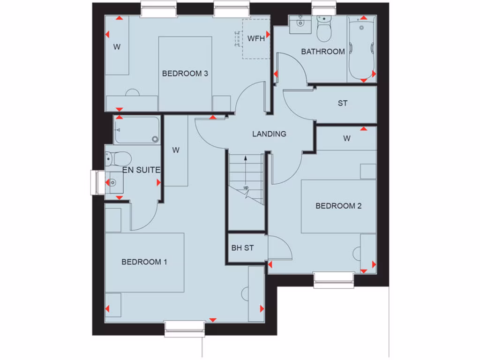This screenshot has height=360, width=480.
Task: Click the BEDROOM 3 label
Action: [x=185, y=73]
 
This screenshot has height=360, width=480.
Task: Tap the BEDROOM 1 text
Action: [x=144, y=262]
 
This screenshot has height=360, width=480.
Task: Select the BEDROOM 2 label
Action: [x=338, y=206]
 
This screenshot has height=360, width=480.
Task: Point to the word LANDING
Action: [x=269, y=134]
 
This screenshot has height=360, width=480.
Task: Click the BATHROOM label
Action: [x=323, y=52]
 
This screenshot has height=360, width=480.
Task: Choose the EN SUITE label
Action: [x=142, y=170]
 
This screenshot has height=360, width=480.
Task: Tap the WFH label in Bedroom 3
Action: [x=256, y=38]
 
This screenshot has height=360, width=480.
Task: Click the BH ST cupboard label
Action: [x=242, y=248]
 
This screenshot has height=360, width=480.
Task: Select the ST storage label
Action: [x=343, y=103]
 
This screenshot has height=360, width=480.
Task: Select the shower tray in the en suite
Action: [x=137, y=130]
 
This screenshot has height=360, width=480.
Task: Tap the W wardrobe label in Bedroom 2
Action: [x=346, y=138]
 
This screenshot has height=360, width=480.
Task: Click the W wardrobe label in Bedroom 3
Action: [x=117, y=47]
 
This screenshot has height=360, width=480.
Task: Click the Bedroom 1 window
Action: [x=185, y=328]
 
